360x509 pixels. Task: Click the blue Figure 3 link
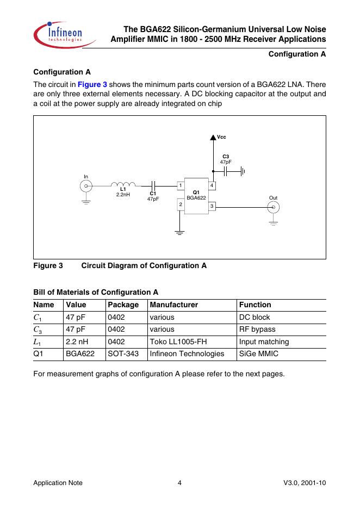coord(92,85)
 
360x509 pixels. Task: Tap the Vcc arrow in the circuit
coord(213,138)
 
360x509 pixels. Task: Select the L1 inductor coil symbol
coord(123,184)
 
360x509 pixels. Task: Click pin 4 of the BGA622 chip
coord(212,186)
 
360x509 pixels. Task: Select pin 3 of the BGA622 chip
coord(212,206)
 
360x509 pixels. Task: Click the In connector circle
coord(85,187)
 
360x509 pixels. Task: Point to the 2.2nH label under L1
coord(123,194)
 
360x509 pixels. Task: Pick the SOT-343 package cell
coord(123,354)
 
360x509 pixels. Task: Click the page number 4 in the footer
coord(179,483)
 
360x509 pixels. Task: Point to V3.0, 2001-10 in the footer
coord(304,483)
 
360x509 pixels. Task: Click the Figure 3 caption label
coord(48,266)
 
